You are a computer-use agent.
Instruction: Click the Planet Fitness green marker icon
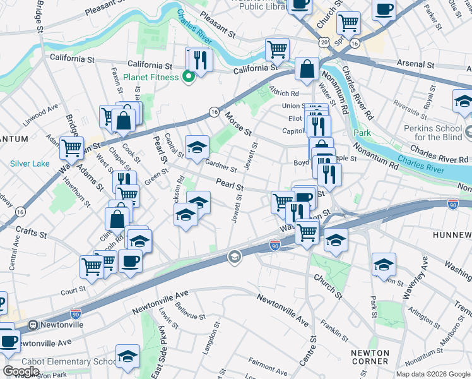188,78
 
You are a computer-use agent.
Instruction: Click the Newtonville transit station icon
33,325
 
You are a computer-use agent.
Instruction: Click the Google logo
21,371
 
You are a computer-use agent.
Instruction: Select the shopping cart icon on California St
277,49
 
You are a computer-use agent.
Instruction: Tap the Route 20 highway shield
324,42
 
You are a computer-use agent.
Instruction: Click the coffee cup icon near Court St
131,260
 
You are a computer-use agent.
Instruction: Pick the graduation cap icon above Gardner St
197,147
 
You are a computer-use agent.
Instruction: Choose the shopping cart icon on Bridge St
71,148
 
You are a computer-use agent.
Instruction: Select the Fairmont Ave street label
269,364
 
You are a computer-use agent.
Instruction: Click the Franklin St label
334,329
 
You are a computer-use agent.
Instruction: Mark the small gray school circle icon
234,256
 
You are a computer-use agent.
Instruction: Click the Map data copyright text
432,373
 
